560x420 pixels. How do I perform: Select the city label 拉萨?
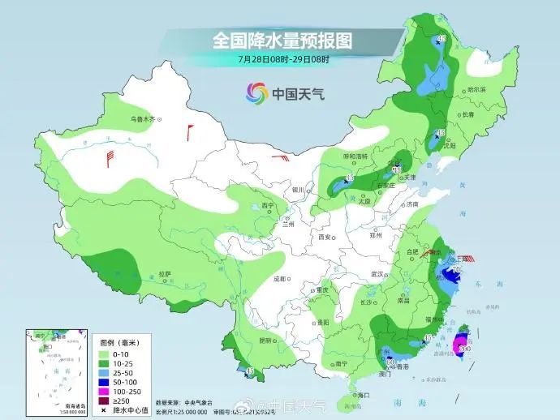pos(165,274)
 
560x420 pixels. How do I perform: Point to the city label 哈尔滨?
pos(480,90)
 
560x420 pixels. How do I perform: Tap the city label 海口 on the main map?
pos(362,394)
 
